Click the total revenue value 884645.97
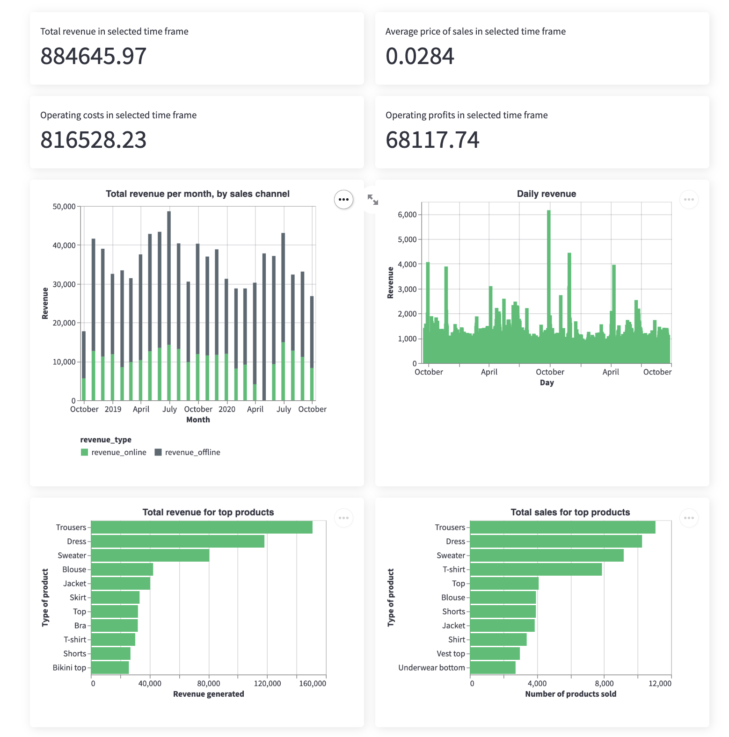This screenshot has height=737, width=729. coord(94,56)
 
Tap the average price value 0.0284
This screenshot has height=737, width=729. coord(420,56)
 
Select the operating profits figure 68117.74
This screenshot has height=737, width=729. coord(432,140)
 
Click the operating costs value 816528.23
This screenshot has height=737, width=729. coord(94,140)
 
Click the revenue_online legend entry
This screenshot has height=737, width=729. coord(114,452)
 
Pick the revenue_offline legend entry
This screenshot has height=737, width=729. coord(187,452)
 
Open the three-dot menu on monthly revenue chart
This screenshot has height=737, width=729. coord(343,200)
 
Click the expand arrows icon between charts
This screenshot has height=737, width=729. coord(373,200)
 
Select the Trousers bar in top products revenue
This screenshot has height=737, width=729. coord(201,527)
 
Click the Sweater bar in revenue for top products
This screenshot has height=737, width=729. coord(150,555)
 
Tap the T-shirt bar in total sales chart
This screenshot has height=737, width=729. coord(536,569)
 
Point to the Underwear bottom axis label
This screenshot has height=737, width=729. coord(431,667)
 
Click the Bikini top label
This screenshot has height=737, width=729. coord(69,667)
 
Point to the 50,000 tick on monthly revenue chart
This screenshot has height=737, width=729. coord(64,207)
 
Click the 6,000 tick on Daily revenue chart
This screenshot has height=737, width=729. coord(407,215)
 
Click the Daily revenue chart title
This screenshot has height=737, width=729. coord(546,194)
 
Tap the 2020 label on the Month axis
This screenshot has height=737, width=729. coord(227,409)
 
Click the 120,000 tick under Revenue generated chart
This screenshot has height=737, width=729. coord(267,683)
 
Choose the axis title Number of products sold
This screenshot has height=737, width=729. coord(570,694)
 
